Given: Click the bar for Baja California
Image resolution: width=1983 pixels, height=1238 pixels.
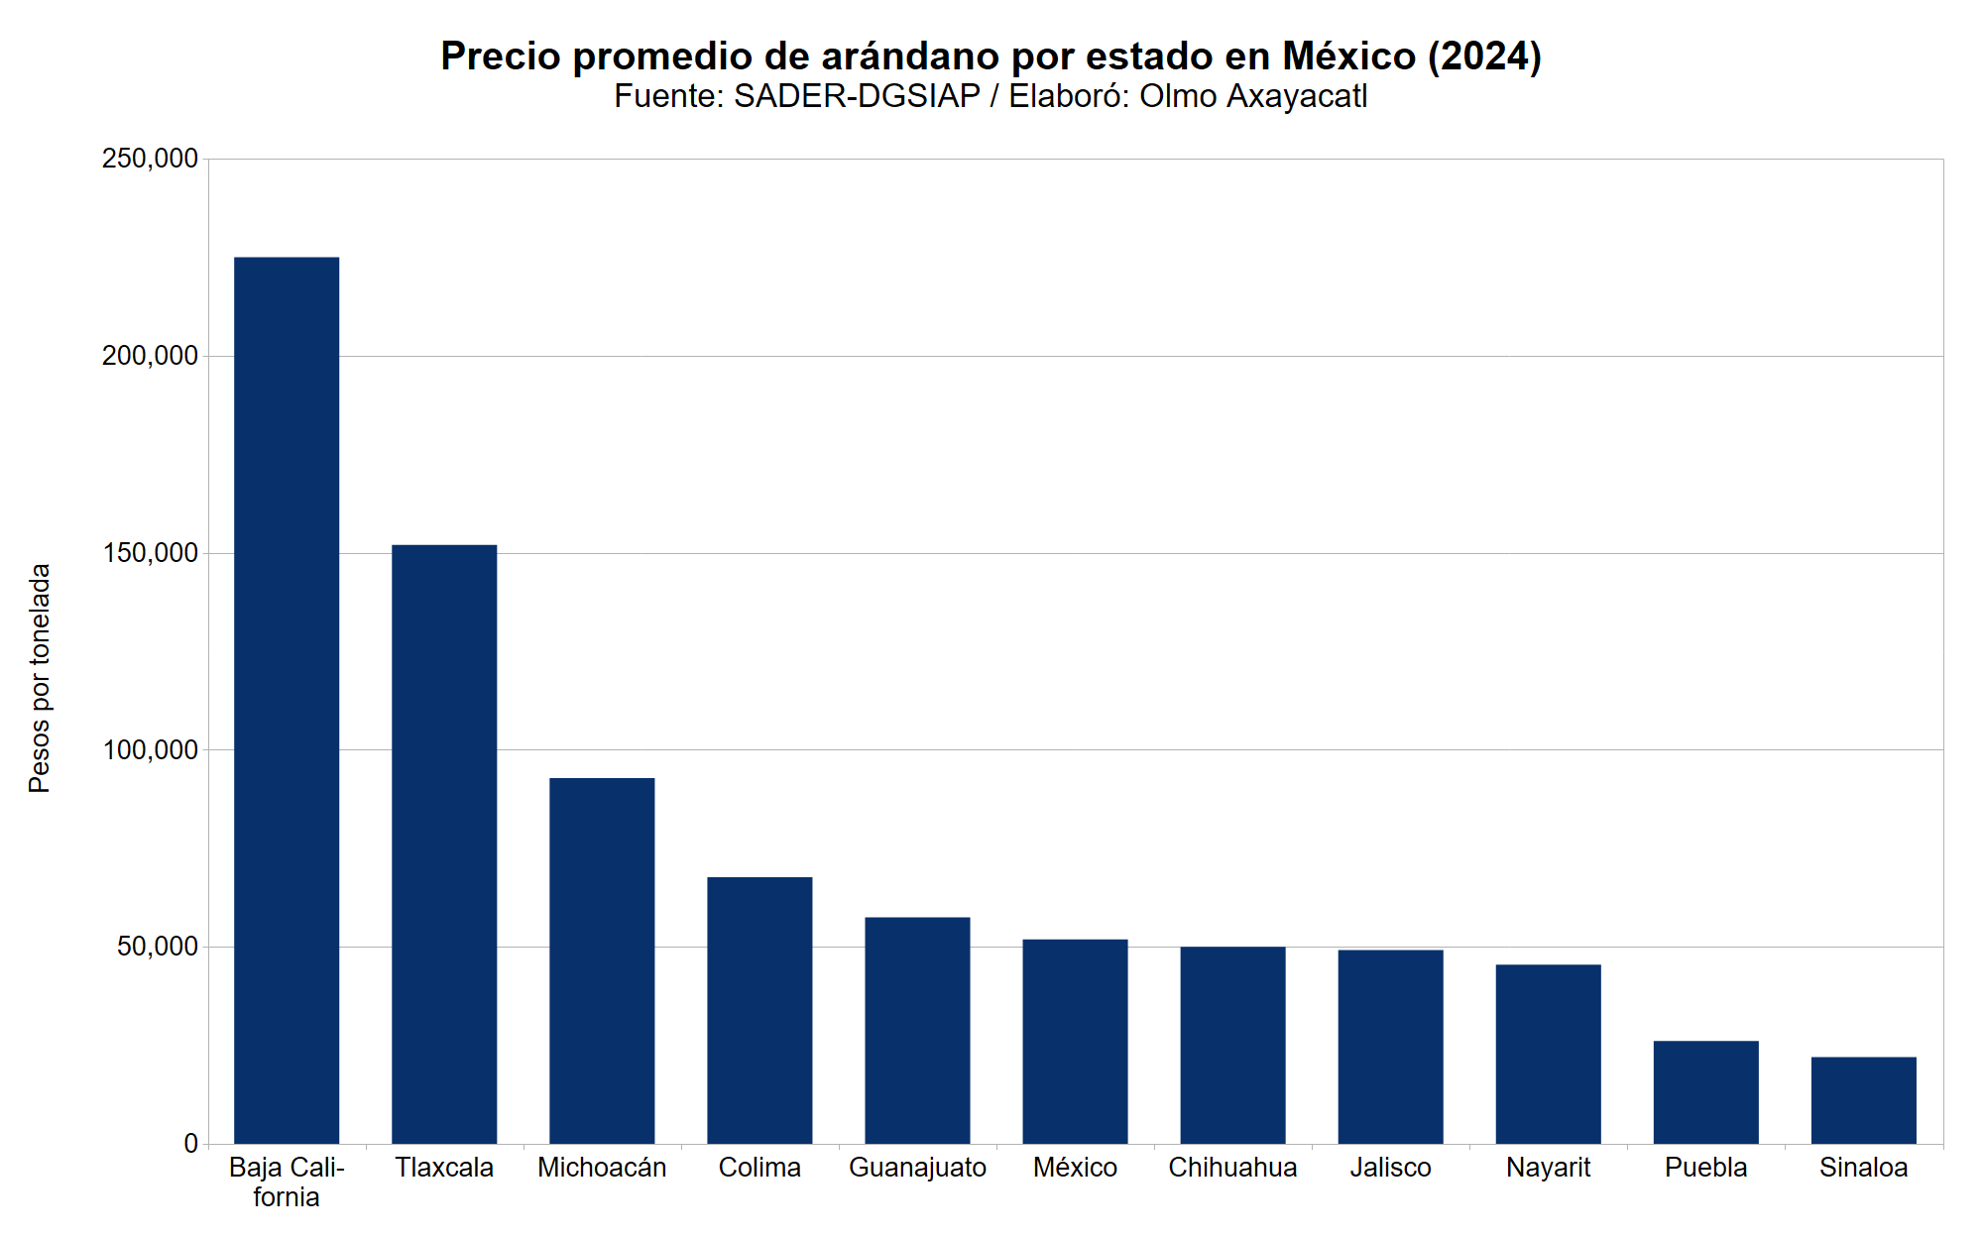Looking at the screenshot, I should [x=287, y=700].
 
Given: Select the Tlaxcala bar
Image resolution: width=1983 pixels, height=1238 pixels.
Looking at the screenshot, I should [x=444, y=844].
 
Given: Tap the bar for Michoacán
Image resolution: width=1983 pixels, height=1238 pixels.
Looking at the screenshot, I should [x=602, y=960].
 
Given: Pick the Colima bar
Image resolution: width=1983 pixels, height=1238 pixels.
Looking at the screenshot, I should [x=759, y=1010].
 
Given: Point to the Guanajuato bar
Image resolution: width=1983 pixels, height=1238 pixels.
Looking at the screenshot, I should [x=917, y=1030].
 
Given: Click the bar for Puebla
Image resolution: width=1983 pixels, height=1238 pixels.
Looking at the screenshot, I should [x=1705, y=1091].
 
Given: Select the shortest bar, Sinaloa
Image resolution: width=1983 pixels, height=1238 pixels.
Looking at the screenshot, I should [x=1863, y=1100].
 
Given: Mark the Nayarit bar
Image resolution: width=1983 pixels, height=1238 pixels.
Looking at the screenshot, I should [x=1548, y=1054].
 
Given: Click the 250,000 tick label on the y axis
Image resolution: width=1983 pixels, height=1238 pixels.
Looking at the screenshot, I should [x=150, y=159].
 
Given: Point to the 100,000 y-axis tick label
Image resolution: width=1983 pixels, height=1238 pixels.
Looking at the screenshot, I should [x=150, y=750].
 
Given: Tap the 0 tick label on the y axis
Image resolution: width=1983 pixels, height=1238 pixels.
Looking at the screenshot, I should [x=190, y=1144].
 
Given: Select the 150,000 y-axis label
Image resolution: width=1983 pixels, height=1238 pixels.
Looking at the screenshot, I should [x=150, y=553].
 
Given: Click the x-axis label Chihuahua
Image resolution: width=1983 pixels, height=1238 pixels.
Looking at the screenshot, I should [x=1232, y=1168].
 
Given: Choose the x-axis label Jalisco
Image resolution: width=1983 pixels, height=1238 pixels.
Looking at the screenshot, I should [x=1390, y=1168].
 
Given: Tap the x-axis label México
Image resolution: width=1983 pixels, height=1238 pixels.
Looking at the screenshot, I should [x=1075, y=1168].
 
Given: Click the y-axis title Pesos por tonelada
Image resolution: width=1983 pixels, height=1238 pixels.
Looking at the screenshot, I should [x=39, y=678].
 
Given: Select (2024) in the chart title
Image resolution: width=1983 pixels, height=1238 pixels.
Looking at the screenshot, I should [x=1484, y=56].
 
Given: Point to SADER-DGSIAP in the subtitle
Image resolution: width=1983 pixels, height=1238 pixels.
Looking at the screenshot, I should [x=857, y=97].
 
